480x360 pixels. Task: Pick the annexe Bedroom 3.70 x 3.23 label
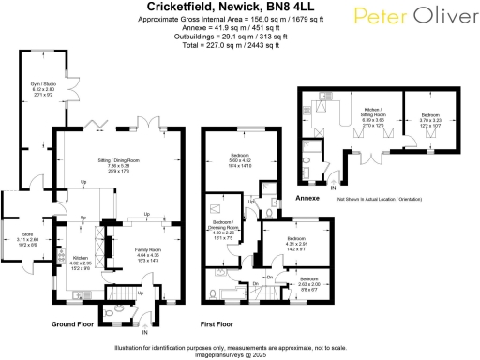click(x=432, y=116)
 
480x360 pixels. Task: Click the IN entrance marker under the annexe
click(x=333, y=188)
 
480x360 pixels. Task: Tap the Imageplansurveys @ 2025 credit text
click(x=240, y=354)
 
